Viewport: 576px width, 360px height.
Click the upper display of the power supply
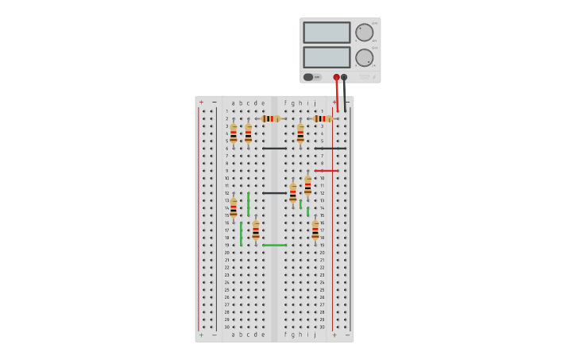click(326, 33)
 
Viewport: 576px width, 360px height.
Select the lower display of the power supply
click(326, 57)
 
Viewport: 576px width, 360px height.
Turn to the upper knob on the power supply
click(364, 33)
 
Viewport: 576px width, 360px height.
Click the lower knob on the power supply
click(364, 57)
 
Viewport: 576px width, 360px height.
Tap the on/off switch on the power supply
click(308, 77)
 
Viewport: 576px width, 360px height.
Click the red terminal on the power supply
click(336, 77)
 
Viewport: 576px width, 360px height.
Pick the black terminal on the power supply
click(344, 77)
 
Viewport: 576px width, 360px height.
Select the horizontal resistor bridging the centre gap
click(271, 118)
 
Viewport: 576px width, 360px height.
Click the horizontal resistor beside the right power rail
click(323, 118)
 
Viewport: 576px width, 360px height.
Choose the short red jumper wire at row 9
click(327, 170)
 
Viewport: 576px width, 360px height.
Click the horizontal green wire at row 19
click(274, 245)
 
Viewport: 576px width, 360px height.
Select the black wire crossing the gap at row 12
click(274, 192)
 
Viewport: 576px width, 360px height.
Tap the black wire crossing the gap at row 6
click(274, 148)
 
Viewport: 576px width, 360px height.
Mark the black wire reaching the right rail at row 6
click(330, 148)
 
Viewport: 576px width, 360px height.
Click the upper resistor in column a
click(233, 134)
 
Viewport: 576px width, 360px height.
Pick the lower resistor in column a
click(233, 208)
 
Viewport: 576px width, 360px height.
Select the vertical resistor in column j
click(315, 230)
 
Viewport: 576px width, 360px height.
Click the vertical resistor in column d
click(256, 230)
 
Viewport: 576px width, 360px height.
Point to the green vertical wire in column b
click(241, 233)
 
